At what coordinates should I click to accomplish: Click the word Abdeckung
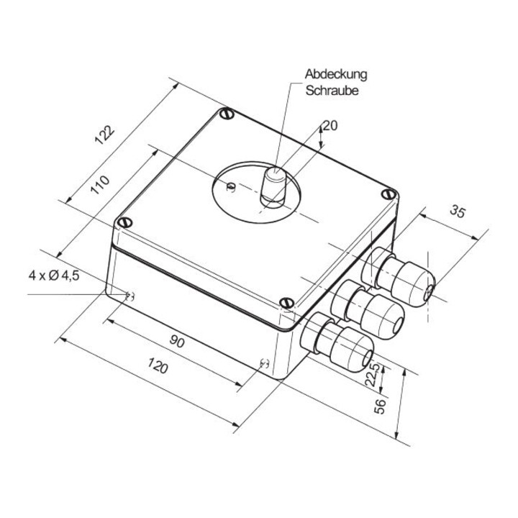click(x=336, y=74)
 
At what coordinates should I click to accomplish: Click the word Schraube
click(x=332, y=91)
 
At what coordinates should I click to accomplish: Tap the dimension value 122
click(x=104, y=135)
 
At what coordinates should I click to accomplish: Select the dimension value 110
click(x=99, y=185)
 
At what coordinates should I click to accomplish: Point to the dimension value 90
click(x=177, y=340)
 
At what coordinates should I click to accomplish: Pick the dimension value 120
click(x=158, y=365)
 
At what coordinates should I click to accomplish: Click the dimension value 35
click(x=458, y=212)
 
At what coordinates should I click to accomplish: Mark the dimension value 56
click(x=380, y=406)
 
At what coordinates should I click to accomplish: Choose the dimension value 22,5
click(x=373, y=375)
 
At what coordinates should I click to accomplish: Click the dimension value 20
click(x=330, y=126)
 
